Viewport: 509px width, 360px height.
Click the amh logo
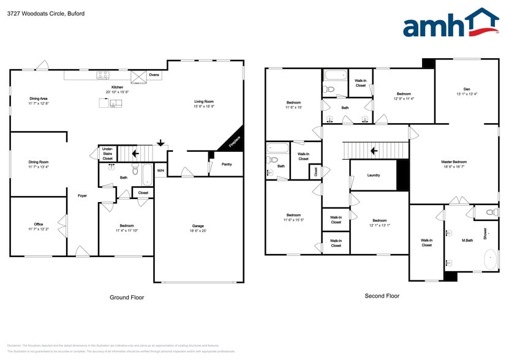click(x=450, y=25)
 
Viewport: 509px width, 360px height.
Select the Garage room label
click(x=198, y=226)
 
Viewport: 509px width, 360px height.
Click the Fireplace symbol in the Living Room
click(x=233, y=141)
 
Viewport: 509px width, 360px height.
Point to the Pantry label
click(x=226, y=163)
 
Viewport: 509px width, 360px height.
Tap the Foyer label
click(x=82, y=196)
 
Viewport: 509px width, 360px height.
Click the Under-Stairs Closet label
click(x=107, y=153)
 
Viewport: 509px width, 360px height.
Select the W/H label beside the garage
click(x=160, y=171)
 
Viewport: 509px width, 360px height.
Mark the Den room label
click(x=467, y=89)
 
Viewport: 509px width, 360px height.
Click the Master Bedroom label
click(x=454, y=162)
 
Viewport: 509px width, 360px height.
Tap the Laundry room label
click(x=374, y=175)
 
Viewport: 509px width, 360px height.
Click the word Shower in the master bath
click(x=484, y=233)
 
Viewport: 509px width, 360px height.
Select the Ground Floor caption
click(x=127, y=298)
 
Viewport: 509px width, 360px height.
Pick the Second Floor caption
click(x=382, y=296)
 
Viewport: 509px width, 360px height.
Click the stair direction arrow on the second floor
click(x=373, y=149)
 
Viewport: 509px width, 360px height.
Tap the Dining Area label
click(x=39, y=99)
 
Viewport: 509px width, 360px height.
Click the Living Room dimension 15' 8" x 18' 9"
click(x=204, y=107)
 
